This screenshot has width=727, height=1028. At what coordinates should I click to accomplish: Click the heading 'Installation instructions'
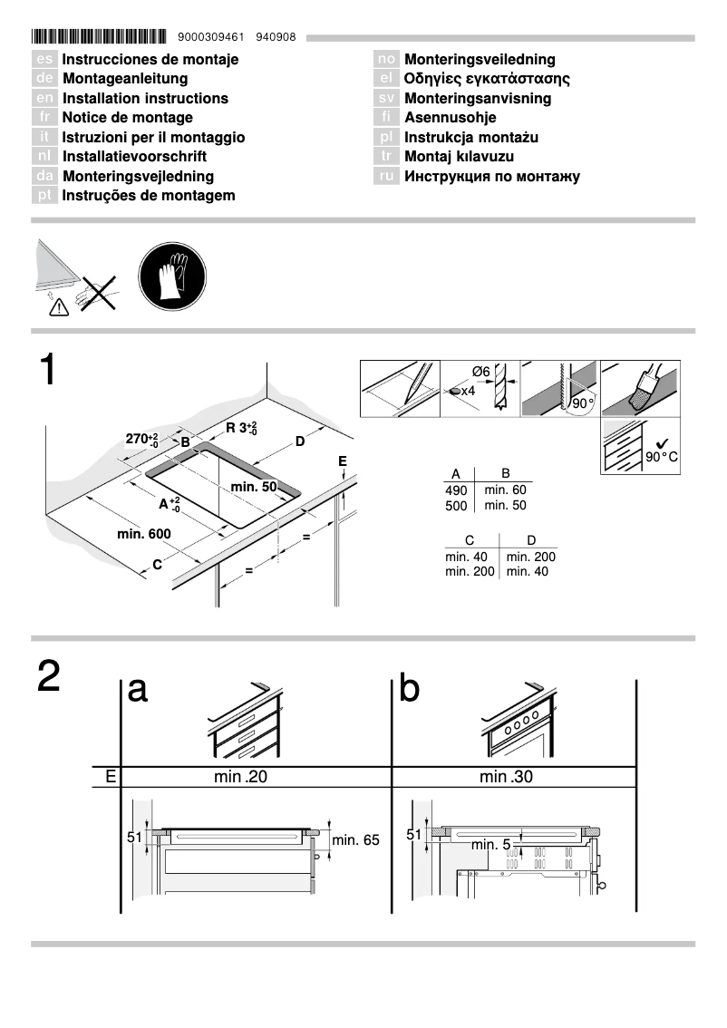[x=145, y=99]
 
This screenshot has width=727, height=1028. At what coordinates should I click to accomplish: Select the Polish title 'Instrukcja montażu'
[x=471, y=138]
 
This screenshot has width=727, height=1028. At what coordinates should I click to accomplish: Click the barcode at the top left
[x=100, y=38]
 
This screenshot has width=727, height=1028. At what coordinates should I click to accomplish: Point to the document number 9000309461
[x=212, y=38]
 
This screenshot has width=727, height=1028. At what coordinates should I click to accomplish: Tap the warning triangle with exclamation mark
[x=58, y=308]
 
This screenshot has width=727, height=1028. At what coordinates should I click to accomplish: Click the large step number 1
[x=48, y=372]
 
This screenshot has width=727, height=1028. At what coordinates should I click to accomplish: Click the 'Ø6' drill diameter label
[x=481, y=372]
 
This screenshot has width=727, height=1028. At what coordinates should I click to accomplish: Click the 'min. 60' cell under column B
[x=505, y=490]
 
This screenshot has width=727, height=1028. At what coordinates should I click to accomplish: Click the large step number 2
[x=49, y=677]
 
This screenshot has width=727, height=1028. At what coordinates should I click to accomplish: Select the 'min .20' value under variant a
[x=241, y=777]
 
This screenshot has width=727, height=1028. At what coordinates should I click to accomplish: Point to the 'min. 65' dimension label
[x=356, y=840]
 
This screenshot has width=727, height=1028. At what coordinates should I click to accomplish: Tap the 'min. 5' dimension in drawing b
[x=491, y=846]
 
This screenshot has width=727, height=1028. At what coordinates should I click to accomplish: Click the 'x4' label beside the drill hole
[x=468, y=391]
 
